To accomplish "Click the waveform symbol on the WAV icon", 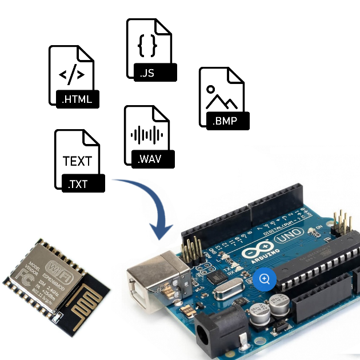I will click(146, 135).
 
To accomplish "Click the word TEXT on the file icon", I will click(77, 161).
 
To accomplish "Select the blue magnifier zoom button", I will click(265, 279).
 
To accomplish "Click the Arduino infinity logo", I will click(256, 253).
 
